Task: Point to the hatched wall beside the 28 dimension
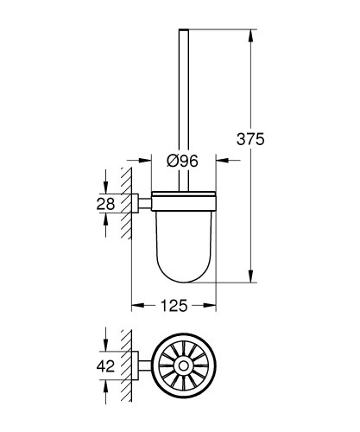tap(128, 204)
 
